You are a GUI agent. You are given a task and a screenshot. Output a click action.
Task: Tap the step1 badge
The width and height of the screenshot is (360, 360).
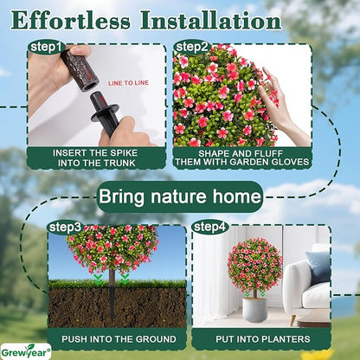(x=46, y=46)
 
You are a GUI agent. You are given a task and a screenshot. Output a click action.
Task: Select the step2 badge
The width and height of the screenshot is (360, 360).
(x=191, y=46)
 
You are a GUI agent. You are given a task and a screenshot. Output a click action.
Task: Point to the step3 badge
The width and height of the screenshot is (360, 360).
(x=65, y=227)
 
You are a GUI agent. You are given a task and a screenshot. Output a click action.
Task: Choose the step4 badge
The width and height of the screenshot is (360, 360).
(x=209, y=227)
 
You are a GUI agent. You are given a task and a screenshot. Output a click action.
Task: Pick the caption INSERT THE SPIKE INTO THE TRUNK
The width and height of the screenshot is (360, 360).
(x=97, y=157)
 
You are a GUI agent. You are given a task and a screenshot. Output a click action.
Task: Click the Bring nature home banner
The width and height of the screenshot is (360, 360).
(x=179, y=196)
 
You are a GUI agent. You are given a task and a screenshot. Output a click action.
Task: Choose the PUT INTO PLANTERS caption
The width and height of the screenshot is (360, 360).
(x=260, y=338)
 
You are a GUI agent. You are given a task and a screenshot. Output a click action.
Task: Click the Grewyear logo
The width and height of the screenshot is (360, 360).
(x=26, y=351)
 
